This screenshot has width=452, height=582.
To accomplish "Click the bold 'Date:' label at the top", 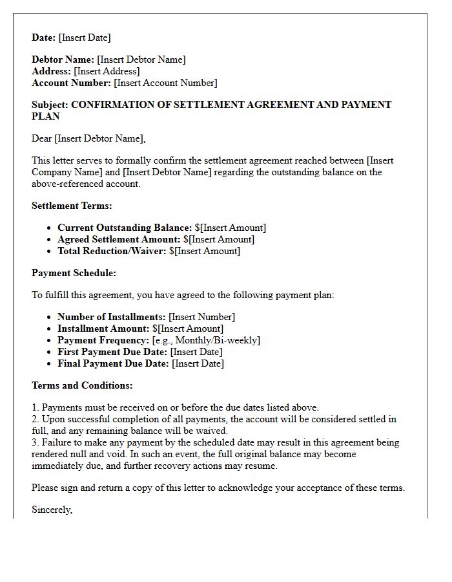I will point(44,38).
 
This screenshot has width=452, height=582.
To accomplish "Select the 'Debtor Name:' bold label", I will point(63,59).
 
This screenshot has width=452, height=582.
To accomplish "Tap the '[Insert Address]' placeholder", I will point(107,71).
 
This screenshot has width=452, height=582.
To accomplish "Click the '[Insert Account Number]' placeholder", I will point(165,83).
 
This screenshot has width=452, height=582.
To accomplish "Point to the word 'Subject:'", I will point(50,105).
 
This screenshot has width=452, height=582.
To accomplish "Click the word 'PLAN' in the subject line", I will point(46,116).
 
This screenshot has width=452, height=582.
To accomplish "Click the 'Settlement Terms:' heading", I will point(72,206).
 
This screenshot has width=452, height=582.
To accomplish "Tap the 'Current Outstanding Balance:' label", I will point(125,228).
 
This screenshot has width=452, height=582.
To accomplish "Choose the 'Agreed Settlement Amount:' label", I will point(119,239).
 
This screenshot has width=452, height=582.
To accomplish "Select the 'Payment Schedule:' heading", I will point(74,273).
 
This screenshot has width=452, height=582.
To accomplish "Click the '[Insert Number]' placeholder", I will point(201,317).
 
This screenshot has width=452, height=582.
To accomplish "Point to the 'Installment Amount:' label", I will point(99,329).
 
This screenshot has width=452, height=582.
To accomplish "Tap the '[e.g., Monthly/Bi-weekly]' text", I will point(206,340).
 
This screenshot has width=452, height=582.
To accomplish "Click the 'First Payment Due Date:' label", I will point(112,352).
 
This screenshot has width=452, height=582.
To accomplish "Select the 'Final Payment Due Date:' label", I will point(113,363).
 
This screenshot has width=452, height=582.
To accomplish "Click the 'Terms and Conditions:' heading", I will point(82,385).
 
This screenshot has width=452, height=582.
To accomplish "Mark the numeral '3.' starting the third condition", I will point(36,442).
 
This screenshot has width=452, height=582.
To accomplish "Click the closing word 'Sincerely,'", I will point(52,510).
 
